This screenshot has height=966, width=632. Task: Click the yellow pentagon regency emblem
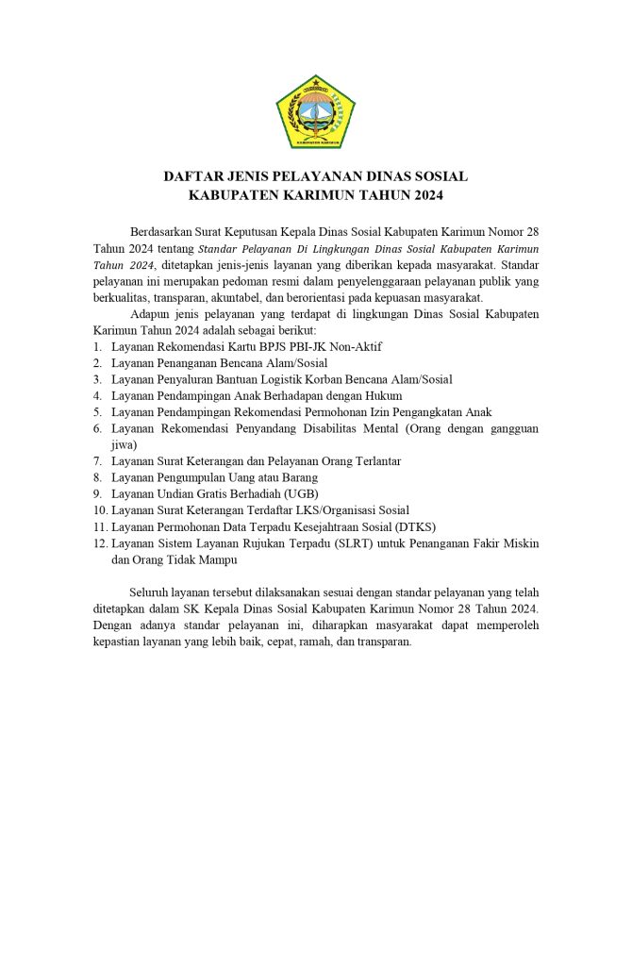pos(315,110)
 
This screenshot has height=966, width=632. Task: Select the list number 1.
pos(97,346)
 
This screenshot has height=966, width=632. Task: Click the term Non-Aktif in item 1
pos(353,346)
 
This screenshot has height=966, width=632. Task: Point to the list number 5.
pos(97,412)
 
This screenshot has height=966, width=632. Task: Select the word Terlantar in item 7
pos(374,461)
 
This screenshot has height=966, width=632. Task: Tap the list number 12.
pos(100,543)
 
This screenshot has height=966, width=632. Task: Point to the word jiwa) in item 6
pos(125,444)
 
